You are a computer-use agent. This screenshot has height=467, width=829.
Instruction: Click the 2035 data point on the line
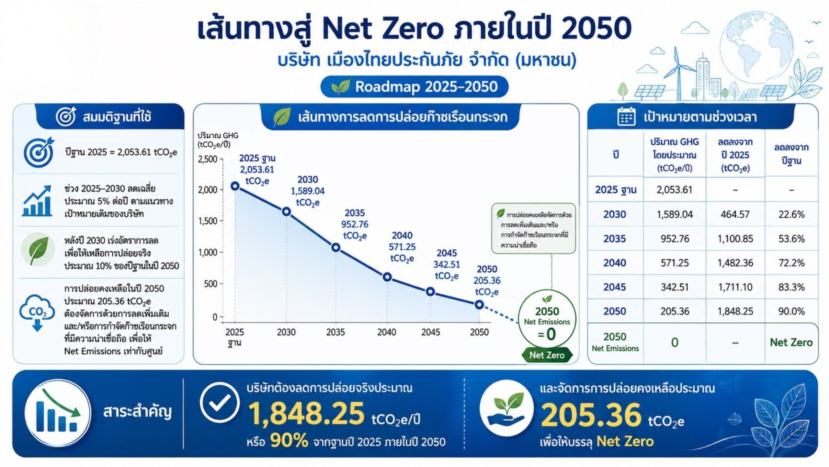click(x=336, y=248)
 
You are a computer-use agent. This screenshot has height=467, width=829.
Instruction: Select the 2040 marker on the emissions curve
click(x=387, y=277)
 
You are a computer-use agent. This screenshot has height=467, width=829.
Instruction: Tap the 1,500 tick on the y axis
click(x=208, y=221)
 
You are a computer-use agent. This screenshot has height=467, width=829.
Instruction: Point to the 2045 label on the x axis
click(x=430, y=332)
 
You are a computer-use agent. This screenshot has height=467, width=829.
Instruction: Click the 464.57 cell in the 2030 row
click(x=735, y=214)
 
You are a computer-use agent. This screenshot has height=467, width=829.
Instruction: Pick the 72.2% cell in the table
click(x=791, y=263)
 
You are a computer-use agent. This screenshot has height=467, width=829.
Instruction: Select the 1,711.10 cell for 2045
click(x=735, y=287)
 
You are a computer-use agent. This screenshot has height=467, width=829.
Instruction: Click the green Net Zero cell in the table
click(x=791, y=342)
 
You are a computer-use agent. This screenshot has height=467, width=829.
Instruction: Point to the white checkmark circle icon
click(x=220, y=403)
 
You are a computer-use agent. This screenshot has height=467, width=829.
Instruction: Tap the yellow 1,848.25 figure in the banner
click(x=306, y=413)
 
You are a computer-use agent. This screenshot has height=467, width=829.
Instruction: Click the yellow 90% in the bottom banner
click(x=289, y=441)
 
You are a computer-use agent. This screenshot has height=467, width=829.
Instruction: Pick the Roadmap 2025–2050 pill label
click(x=414, y=87)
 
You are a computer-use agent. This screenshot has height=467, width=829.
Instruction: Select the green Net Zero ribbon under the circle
click(x=547, y=355)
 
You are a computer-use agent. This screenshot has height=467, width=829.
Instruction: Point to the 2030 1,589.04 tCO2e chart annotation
click(x=308, y=191)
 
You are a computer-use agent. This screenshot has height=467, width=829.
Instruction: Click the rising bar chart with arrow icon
click(x=38, y=201)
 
